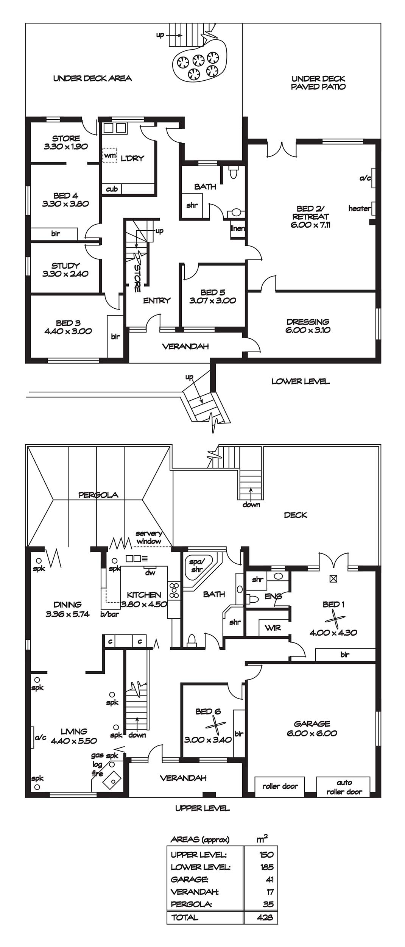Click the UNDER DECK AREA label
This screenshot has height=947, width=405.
tap(92, 78)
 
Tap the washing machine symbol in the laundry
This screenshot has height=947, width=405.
tap(110, 155)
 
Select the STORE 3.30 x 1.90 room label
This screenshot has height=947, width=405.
tap(66, 142)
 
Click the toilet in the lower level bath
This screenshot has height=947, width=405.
tap(234, 172)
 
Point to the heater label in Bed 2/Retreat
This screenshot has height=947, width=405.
tap(359, 208)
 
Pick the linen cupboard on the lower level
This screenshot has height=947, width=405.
tap(238, 228)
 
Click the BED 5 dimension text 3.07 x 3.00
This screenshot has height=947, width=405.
tap(213, 300)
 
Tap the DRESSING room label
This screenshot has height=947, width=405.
tap(308, 322)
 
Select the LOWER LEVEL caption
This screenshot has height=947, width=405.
tap(301, 381)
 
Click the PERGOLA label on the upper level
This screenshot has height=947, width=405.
tap(98, 495)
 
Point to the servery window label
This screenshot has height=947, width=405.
tap(149, 538)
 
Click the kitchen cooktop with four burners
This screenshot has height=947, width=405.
tap(174, 591)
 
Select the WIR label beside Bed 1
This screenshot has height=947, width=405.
tap(273, 628)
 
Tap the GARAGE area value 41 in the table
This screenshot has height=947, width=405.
tap(269, 879)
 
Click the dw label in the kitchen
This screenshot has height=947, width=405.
tap(150, 573)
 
